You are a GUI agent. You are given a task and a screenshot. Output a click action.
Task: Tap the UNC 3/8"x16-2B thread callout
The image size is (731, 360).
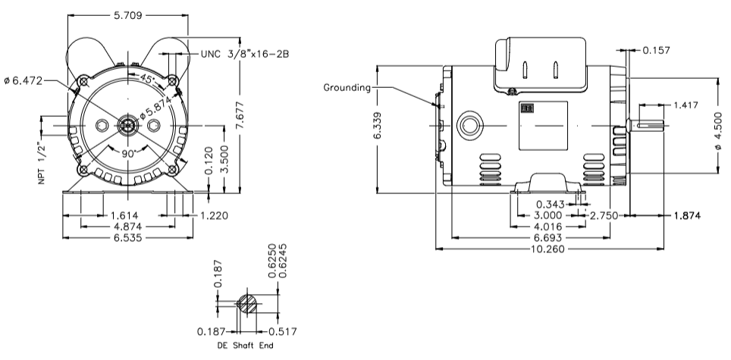pos(247,55)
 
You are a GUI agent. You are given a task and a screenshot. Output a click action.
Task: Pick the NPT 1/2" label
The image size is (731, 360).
pos(43,162)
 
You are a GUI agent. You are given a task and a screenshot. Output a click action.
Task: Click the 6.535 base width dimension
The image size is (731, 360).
pos(126,237)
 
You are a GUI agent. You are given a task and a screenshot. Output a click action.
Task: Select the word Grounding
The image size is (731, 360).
pos(347,87)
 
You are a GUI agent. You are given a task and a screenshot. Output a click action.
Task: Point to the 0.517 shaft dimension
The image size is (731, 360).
pos(284,330)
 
